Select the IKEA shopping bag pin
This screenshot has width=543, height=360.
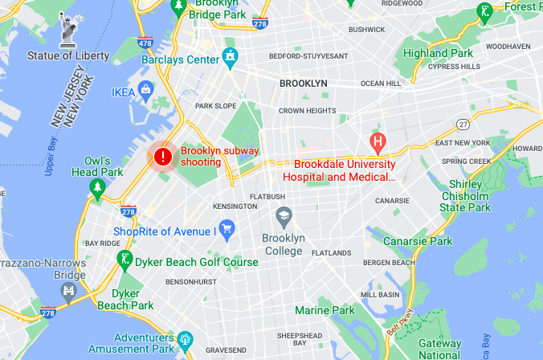[x=146, y=88]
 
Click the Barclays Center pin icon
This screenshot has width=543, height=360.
[x=231, y=57]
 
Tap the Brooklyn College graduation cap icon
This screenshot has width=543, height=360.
[x=284, y=216]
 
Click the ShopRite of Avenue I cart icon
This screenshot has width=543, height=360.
[x=227, y=229]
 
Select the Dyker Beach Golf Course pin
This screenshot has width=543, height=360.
[x=124, y=258]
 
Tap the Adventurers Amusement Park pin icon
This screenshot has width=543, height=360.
[x=186, y=337]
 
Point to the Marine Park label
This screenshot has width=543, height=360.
[x=325, y=310]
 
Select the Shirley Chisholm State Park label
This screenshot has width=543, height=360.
[x=464, y=195]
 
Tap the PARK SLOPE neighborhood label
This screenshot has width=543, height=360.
[x=214, y=105]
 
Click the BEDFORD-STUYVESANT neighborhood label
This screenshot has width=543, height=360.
[x=309, y=56]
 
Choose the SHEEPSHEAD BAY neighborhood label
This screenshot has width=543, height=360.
[x=299, y=335]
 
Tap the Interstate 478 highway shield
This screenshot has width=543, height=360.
[x=145, y=43]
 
